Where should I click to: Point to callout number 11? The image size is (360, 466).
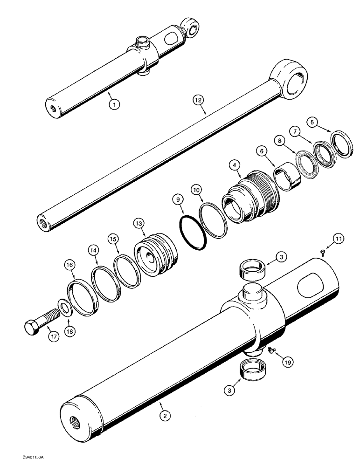point(338,240)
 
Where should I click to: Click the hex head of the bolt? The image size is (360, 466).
point(30,329)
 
